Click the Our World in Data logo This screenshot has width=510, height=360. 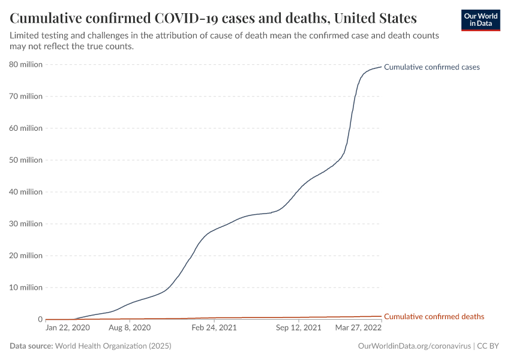click(480, 20)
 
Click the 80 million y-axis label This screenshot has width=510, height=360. click(26, 64)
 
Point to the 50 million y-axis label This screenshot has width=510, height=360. click(26, 160)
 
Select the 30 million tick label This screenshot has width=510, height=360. click(26, 224)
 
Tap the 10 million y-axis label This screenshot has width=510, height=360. click(26, 287)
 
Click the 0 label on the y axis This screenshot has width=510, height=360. click(40, 319)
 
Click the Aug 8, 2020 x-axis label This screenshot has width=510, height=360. click(130, 328)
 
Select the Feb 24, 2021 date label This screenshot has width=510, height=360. click(214, 328)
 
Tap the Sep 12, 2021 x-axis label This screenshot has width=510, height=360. click(299, 328)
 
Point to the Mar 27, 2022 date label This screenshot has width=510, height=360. click(358, 328)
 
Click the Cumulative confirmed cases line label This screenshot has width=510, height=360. click(431, 67)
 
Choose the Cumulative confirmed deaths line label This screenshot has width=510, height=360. click(434, 316)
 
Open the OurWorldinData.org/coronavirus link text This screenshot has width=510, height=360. click(413, 346)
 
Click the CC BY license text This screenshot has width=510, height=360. click(488, 346)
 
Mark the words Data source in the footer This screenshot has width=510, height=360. click(31, 346)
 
